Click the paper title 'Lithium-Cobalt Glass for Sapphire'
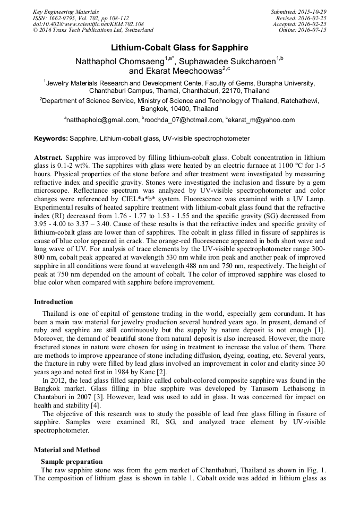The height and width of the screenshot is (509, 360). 179,47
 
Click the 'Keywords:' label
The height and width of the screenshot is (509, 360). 51,139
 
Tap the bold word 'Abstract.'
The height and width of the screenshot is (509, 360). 48,158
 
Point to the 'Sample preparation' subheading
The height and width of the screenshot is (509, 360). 72,462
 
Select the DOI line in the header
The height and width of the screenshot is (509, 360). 88,24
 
